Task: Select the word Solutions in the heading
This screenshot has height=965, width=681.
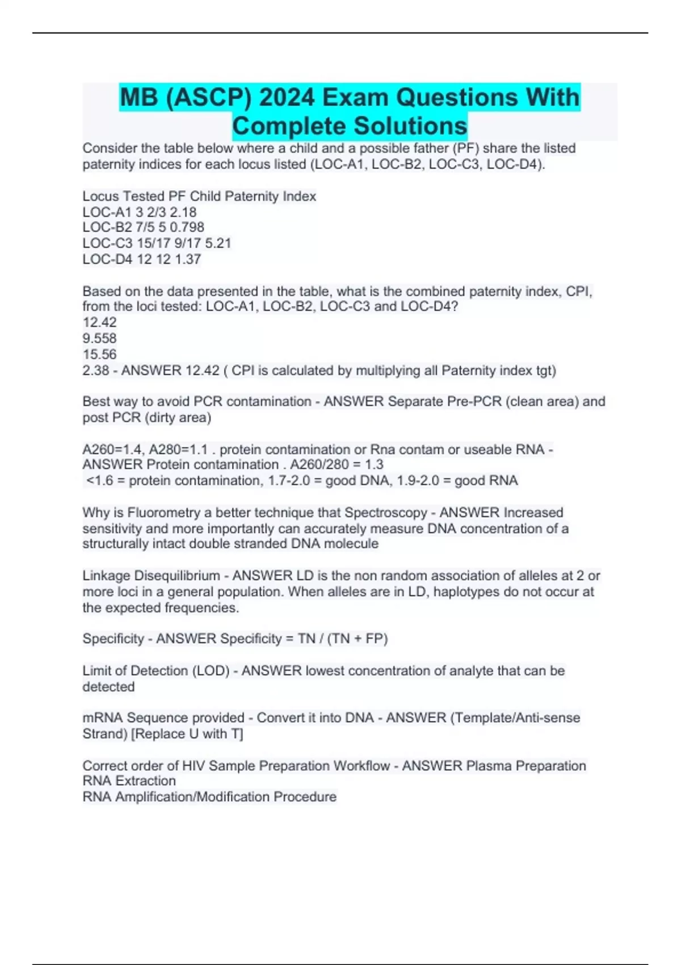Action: [406, 126]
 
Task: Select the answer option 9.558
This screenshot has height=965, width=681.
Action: [99, 338]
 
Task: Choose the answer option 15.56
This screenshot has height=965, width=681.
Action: [99, 354]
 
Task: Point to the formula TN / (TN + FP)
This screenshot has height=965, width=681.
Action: [343, 639]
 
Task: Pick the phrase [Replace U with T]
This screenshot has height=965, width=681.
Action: [187, 734]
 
